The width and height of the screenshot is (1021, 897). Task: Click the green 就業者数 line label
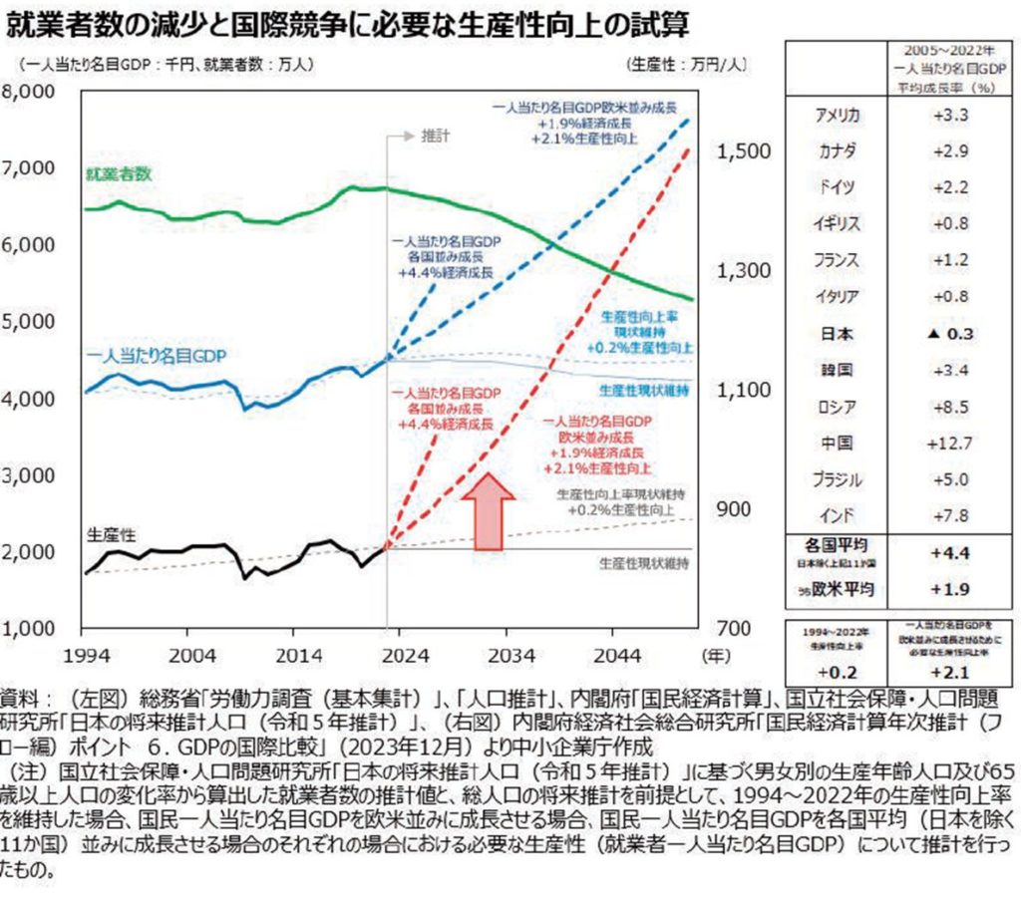(x=119, y=173)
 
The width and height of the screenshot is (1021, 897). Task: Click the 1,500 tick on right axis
(x=743, y=150)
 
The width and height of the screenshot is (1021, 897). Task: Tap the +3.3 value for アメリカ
(x=951, y=117)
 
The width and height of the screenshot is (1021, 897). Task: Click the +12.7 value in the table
(x=951, y=443)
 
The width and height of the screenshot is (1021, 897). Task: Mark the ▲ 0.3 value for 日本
(x=951, y=334)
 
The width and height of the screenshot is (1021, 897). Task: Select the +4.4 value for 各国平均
(x=951, y=551)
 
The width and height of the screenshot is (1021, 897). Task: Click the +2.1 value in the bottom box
(x=951, y=670)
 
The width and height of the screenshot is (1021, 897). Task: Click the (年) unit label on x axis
(x=714, y=655)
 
